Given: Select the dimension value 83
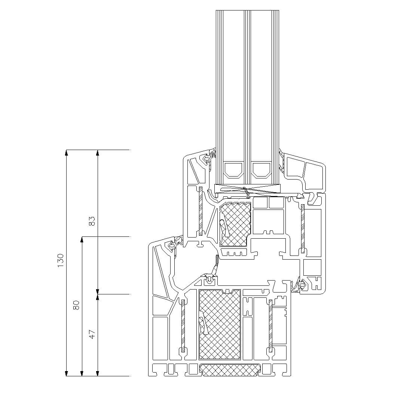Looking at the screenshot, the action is (92, 221).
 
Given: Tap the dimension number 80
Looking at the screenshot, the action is (76, 305).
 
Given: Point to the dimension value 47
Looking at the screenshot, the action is (92, 334).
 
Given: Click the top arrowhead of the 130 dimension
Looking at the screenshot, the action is (67, 153).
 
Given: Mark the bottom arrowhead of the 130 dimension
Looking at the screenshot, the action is (67, 373).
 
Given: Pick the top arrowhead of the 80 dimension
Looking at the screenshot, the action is (82, 239).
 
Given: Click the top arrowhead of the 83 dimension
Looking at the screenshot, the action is (97, 153).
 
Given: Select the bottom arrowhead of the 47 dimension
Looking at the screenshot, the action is (97, 373).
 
